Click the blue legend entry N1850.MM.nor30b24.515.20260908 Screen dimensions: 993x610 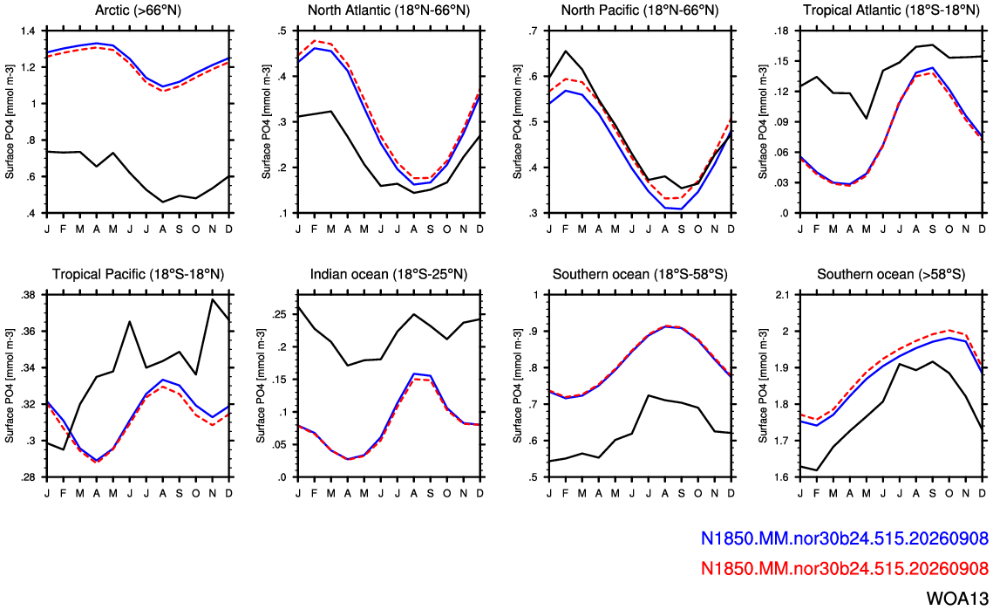click(x=844, y=538)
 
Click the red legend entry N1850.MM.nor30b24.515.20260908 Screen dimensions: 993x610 click(x=844, y=568)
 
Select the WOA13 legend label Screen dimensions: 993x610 click(x=957, y=598)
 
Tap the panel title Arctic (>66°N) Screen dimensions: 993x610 click(x=138, y=10)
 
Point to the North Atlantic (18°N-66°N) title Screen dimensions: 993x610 click(x=389, y=10)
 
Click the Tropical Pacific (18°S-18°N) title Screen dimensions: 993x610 click(x=138, y=275)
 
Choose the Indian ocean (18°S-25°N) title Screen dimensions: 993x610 click(x=389, y=275)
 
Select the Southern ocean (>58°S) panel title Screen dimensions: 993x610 click(x=891, y=275)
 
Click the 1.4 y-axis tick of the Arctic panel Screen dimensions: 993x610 click(x=30, y=31)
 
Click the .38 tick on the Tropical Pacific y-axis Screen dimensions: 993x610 click(x=29, y=296)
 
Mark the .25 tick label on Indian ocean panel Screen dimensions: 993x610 click(x=280, y=314)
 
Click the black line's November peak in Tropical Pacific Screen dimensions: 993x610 click(x=213, y=299)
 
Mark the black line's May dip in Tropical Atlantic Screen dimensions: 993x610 click(x=866, y=119)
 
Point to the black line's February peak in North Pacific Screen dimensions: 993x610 click(x=566, y=51)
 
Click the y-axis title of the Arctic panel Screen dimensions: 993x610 click(x=10, y=122)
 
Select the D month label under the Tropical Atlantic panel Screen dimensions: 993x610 click(x=982, y=229)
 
